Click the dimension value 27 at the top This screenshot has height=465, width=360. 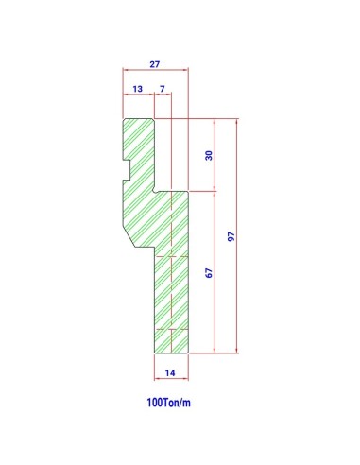pyautogui.click(x=155, y=64)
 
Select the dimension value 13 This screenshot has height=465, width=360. pyautogui.click(x=137, y=89)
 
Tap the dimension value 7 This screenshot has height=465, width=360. pyautogui.click(x=163, y=89)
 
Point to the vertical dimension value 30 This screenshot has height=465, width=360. pyautogui.click(x=209, y=155)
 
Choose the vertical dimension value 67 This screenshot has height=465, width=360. pyautogui.click(x=209, y=273)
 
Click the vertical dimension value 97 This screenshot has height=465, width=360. pyautogui.click(x=231, y=236)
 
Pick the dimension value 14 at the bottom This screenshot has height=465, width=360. pyautogui.click(x=170, y=373)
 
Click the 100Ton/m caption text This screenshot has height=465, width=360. pyautogui.click(x=168, y=403)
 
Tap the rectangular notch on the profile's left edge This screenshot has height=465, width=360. pyautogui.click(x=127, y=170)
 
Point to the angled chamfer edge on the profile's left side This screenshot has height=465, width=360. pyautogui.click(x=129, y=238)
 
